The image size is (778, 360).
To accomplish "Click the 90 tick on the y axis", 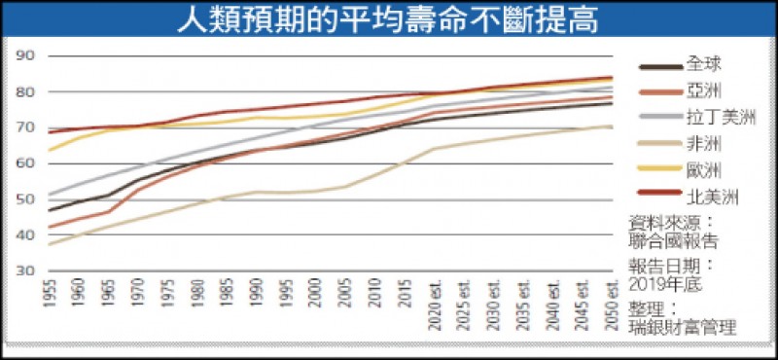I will (x=26, y=56).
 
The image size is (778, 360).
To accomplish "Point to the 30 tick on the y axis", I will (x=26, y=270).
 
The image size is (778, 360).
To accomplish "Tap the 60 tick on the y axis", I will (x=26, y=163).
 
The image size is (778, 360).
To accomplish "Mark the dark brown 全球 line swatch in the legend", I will (x=660, y=66).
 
